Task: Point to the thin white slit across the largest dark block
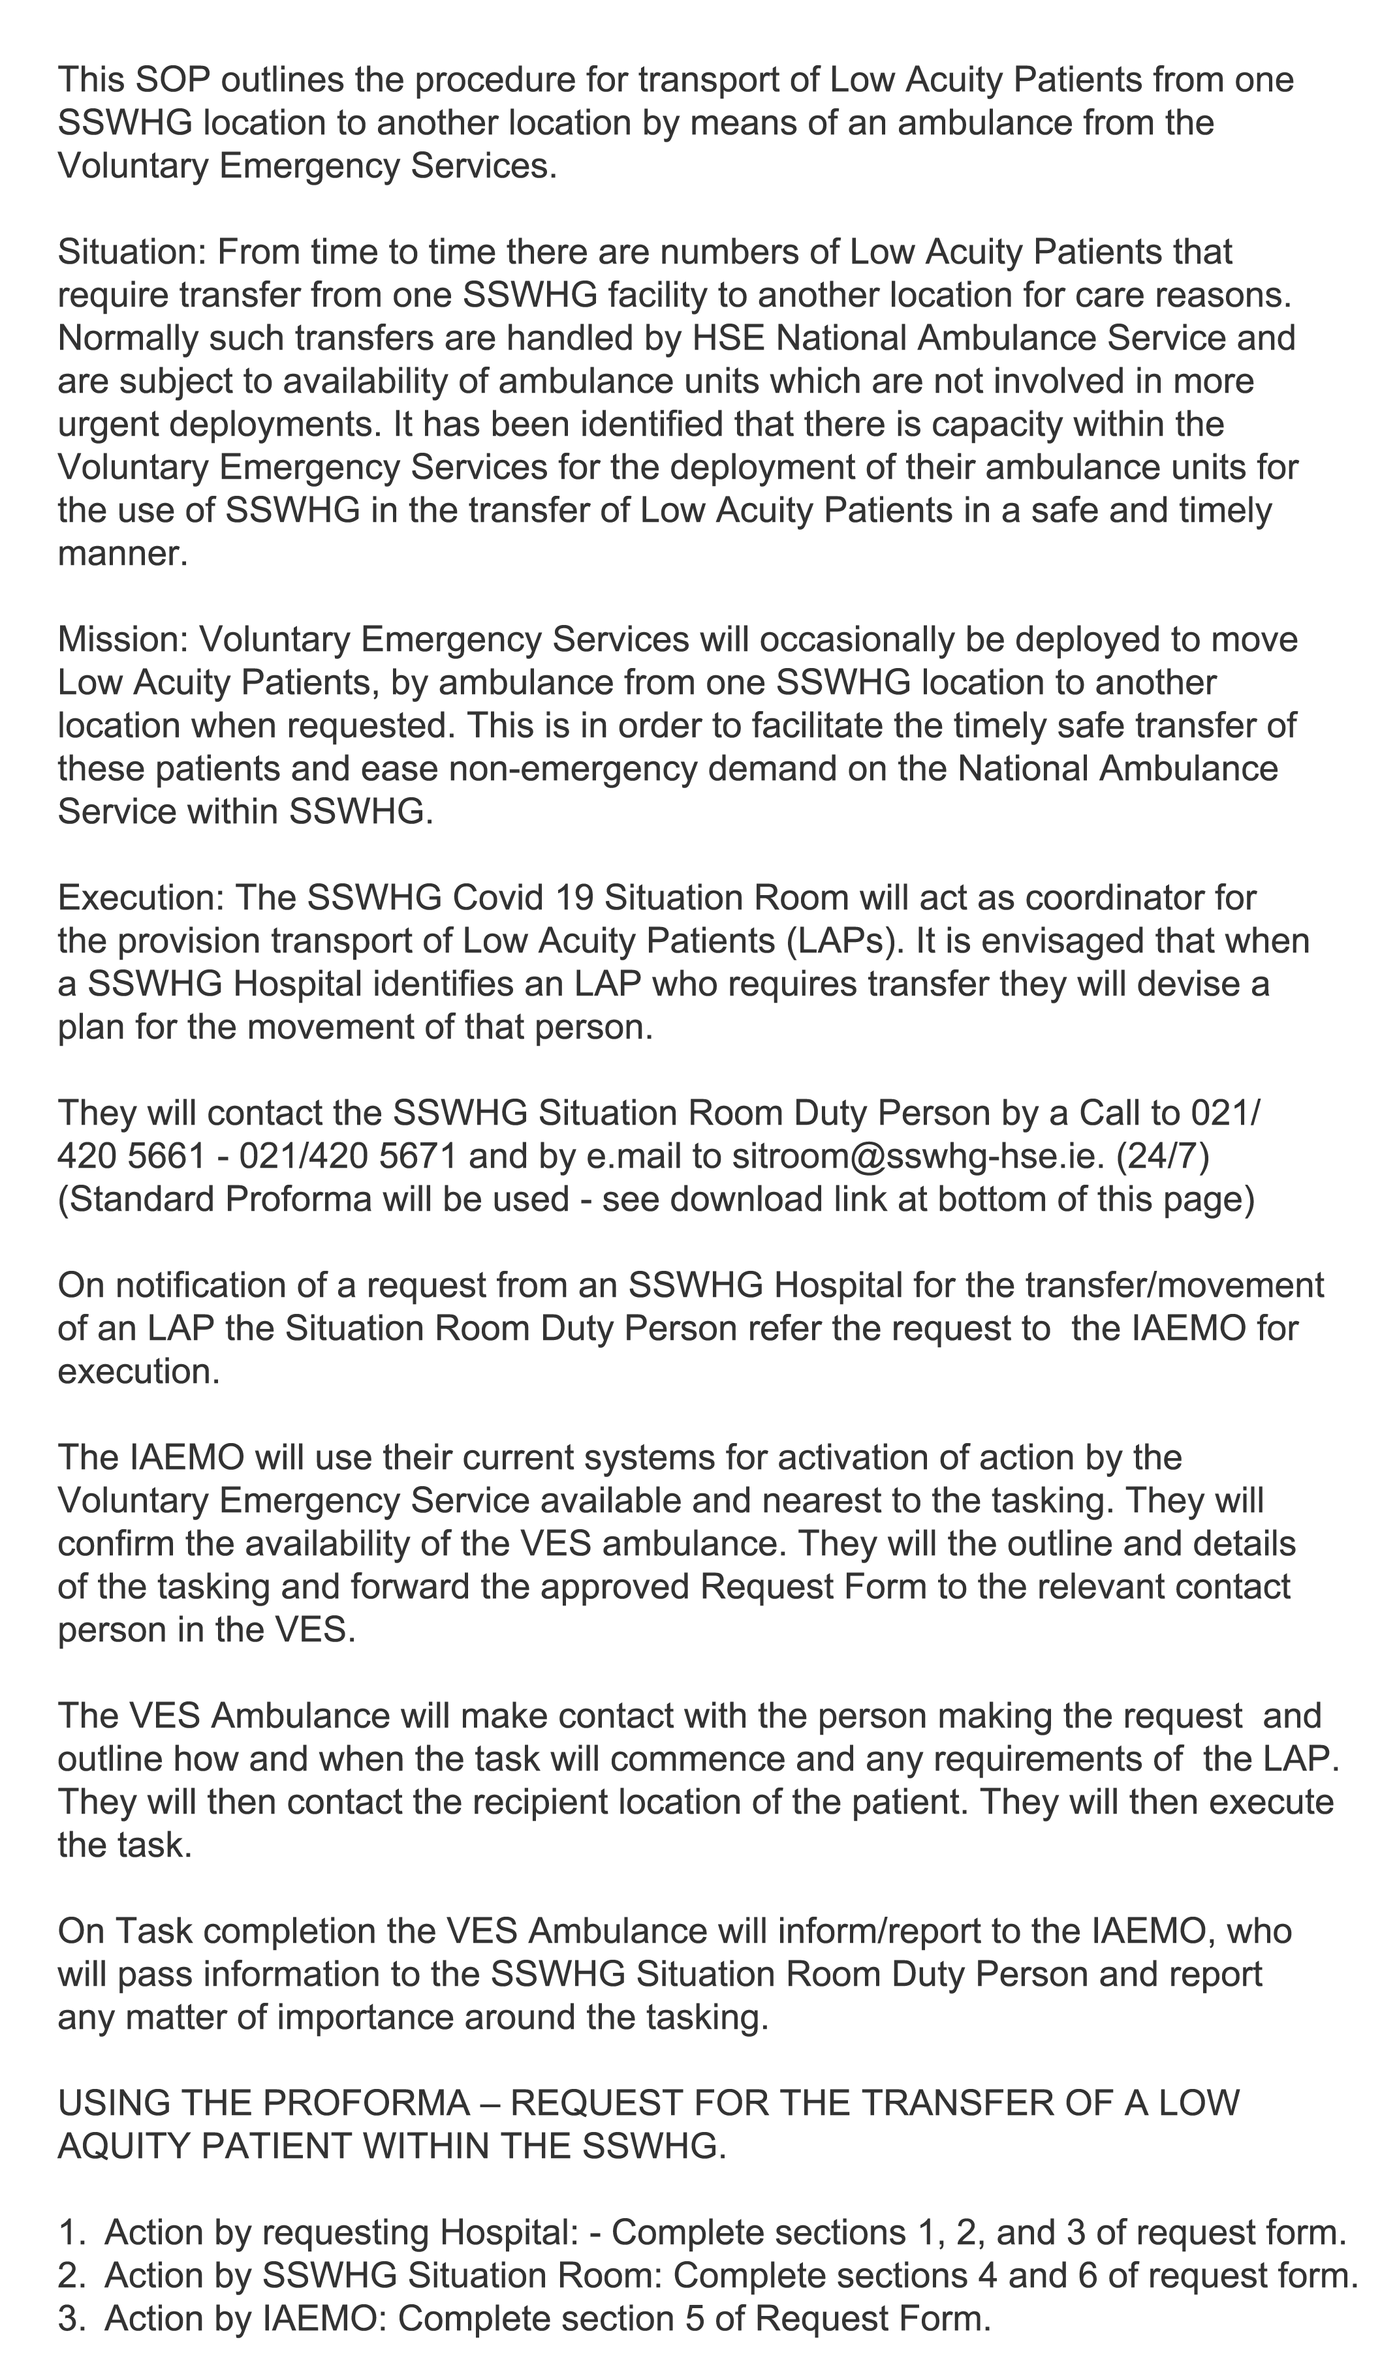pyautogui.click(x=887, y=703)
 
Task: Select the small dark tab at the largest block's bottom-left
pyautogui.click(x=148, y=1362)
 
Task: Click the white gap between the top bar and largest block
pyautogui.click(x=660, y=209)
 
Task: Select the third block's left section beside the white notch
pyautogui.click(x=269, y=1641)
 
